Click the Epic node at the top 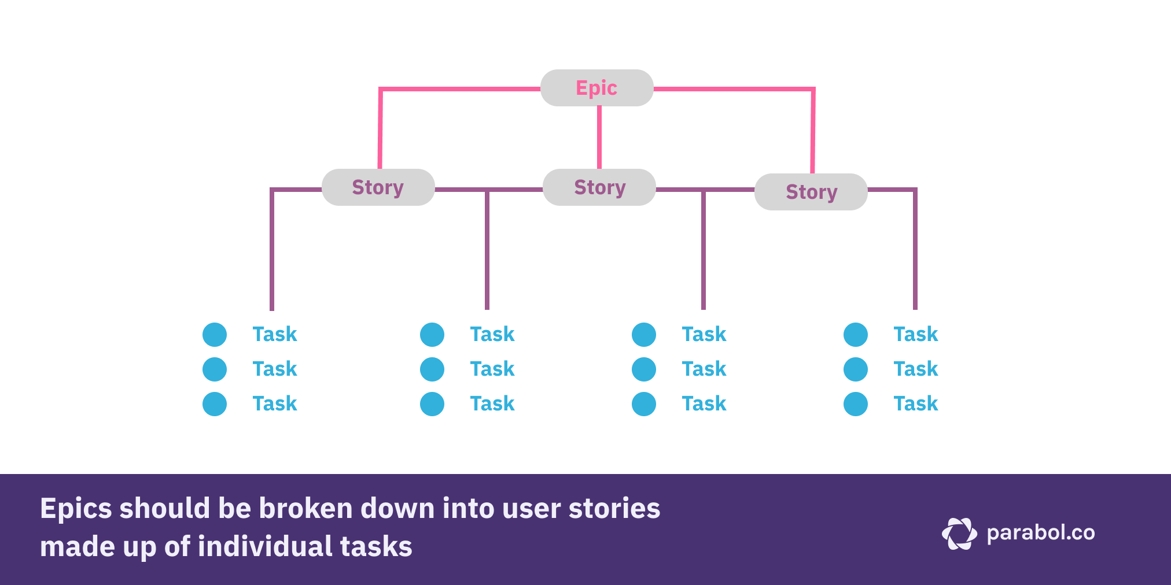click(x=596, y=88)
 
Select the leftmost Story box click(x=378, y=187)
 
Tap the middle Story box click(x=599, y=187)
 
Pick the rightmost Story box click(x=811, y=192)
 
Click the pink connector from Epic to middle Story click(x=599, y=138)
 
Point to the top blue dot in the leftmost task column click(x=215, y=335)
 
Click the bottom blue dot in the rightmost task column click(x=856, y=404)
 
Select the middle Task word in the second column click(x=492, y=369)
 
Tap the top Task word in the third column click(x=704, y=334)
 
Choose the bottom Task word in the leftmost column click(x=274, y=403)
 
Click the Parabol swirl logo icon click(x=959, y=533)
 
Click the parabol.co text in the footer click(x=1040, y=532)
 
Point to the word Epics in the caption click(x=76, y=509)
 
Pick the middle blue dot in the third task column click(x=644, y=369)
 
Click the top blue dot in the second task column click(x=432, y=335)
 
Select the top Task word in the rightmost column click(x=915, y=334)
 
